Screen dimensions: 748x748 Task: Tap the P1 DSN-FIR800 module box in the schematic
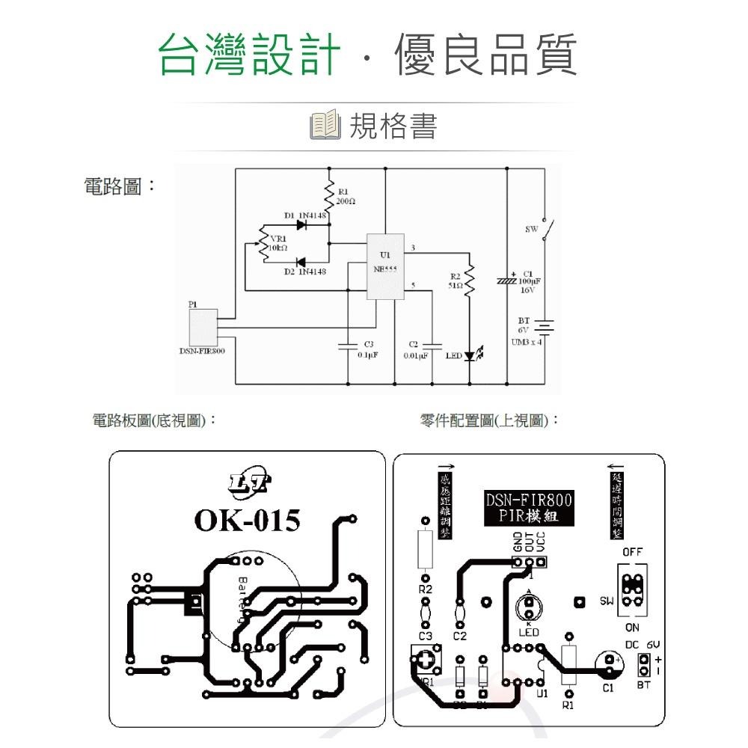point(202,326)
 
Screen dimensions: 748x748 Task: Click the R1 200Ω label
point(346,197)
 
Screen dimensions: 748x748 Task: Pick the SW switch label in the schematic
point(531,230)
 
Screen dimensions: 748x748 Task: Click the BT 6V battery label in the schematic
point(523,325)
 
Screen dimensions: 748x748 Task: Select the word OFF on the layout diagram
point(632,552)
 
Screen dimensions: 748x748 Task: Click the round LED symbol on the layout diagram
point(529,607)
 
